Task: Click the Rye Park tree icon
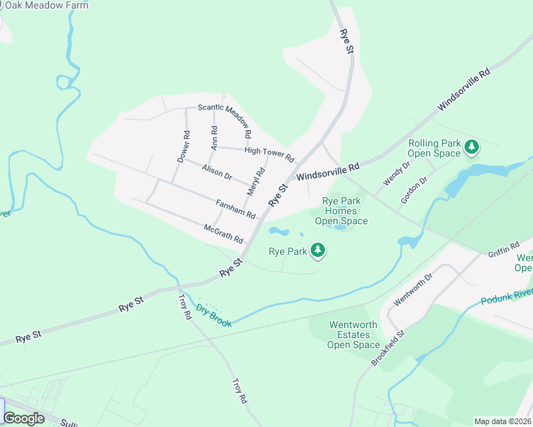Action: click(318, 251)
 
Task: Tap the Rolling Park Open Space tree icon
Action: click(471, 147)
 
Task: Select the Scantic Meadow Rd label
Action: click(224, 119)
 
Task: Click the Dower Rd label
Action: click(183, 147)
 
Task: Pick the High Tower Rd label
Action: click(269, 152)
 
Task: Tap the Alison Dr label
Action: click(217, 172)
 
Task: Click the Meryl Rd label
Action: click(256, 181)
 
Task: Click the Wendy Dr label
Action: click(397, 174)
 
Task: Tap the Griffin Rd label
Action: click(504, 251)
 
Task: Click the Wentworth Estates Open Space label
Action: click(353, 335)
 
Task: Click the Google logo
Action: click(24, 418)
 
